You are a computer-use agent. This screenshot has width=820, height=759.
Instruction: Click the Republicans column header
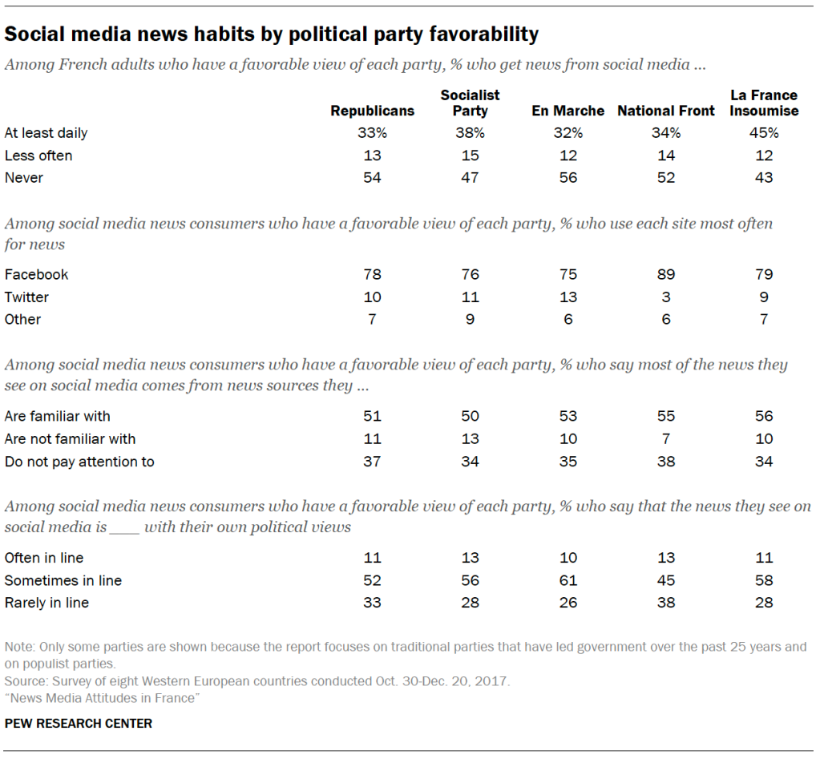(372, 111)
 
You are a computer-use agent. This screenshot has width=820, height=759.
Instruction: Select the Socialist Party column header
(470, 103)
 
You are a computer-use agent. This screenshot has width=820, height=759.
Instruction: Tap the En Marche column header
(568, 111)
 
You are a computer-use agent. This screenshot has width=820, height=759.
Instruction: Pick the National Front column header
(665, 111)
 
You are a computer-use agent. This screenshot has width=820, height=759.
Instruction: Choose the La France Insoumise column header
(764, 103)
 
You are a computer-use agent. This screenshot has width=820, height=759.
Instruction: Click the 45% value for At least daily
(764, 133)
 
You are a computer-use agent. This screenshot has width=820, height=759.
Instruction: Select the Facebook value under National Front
(665, 275)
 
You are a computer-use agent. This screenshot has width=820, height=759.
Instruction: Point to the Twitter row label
(26, 297)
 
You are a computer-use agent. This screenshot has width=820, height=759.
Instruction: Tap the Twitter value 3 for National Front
(665, 297)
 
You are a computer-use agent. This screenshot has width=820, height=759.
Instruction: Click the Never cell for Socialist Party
(470, 178)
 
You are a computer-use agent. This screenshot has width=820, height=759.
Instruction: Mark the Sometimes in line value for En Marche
(568, 580)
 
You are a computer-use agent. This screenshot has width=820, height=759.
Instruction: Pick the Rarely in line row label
(46, 603)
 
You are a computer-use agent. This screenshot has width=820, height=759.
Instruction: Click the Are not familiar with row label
(70, 439)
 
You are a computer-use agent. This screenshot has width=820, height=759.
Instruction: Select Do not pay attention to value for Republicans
(372, 462)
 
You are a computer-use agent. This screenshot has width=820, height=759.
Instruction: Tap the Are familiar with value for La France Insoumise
(764, 417)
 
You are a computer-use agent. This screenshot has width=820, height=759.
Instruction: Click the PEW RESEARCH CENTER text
(78, 723)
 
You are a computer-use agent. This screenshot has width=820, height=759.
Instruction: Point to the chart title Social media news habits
(272, 34)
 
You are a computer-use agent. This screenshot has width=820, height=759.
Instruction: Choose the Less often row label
(38, 155)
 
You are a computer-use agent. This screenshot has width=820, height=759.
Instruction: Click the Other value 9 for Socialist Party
(470, 320)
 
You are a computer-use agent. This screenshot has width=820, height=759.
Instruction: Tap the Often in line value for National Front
(665, 558)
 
